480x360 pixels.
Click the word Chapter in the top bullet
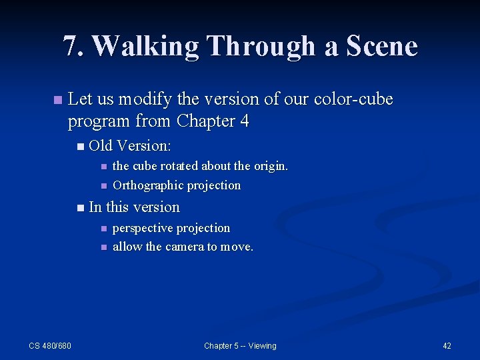click(206, 121)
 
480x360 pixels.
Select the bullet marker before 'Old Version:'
click(80, 146)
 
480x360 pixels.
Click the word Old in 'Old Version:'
click(100, 145)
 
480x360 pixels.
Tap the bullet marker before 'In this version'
click(80, 208)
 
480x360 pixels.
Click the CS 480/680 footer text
click(50, 345)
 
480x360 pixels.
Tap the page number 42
click(447, 345)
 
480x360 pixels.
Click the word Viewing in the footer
click(262, 345)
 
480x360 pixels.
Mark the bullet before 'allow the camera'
click(103, 247)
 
